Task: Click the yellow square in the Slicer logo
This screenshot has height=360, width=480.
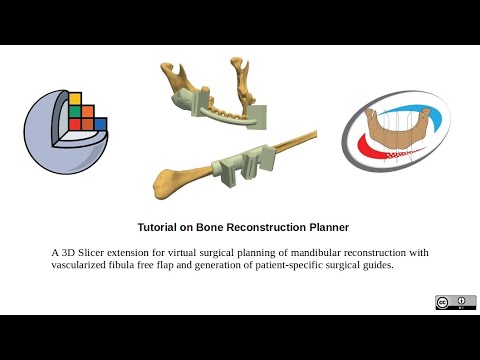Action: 75,98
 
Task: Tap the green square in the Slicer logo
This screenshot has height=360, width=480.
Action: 75,111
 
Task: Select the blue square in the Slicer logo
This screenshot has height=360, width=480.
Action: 100,124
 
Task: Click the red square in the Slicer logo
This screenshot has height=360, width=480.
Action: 75,124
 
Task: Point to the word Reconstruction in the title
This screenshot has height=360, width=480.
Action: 266,227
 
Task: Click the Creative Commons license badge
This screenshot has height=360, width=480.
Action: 456,302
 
